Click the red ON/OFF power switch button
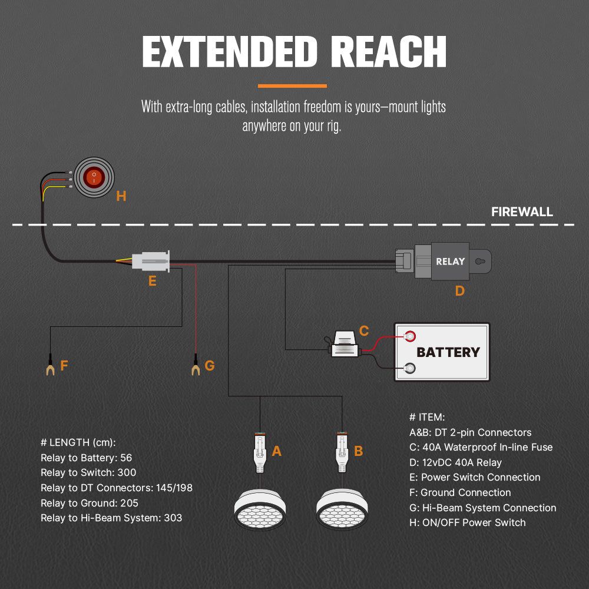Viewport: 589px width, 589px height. click(x=94, y=175)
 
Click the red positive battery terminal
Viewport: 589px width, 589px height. click(x=409, y=336)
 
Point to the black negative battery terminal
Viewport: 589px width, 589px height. click(x=409, y=369)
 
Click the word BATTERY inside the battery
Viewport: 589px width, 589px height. click(x=448, y=352)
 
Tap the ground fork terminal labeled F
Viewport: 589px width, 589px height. click(x=50, y=369)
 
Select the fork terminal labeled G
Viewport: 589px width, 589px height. click(x=195, y=369)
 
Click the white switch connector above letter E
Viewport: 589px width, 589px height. click(x=151, y=260)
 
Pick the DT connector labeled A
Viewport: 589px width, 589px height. click(x=260, y=451)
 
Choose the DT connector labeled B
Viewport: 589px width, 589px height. click(x=341, y=451)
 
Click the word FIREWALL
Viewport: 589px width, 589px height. click(x=522, y=212)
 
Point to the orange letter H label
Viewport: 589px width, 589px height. click(x=121, y=196)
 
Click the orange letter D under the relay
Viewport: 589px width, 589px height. click(x=459, y=290)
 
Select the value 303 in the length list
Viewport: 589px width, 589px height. click(x=174, y=518)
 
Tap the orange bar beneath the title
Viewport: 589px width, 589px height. click(x=293, y=86)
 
